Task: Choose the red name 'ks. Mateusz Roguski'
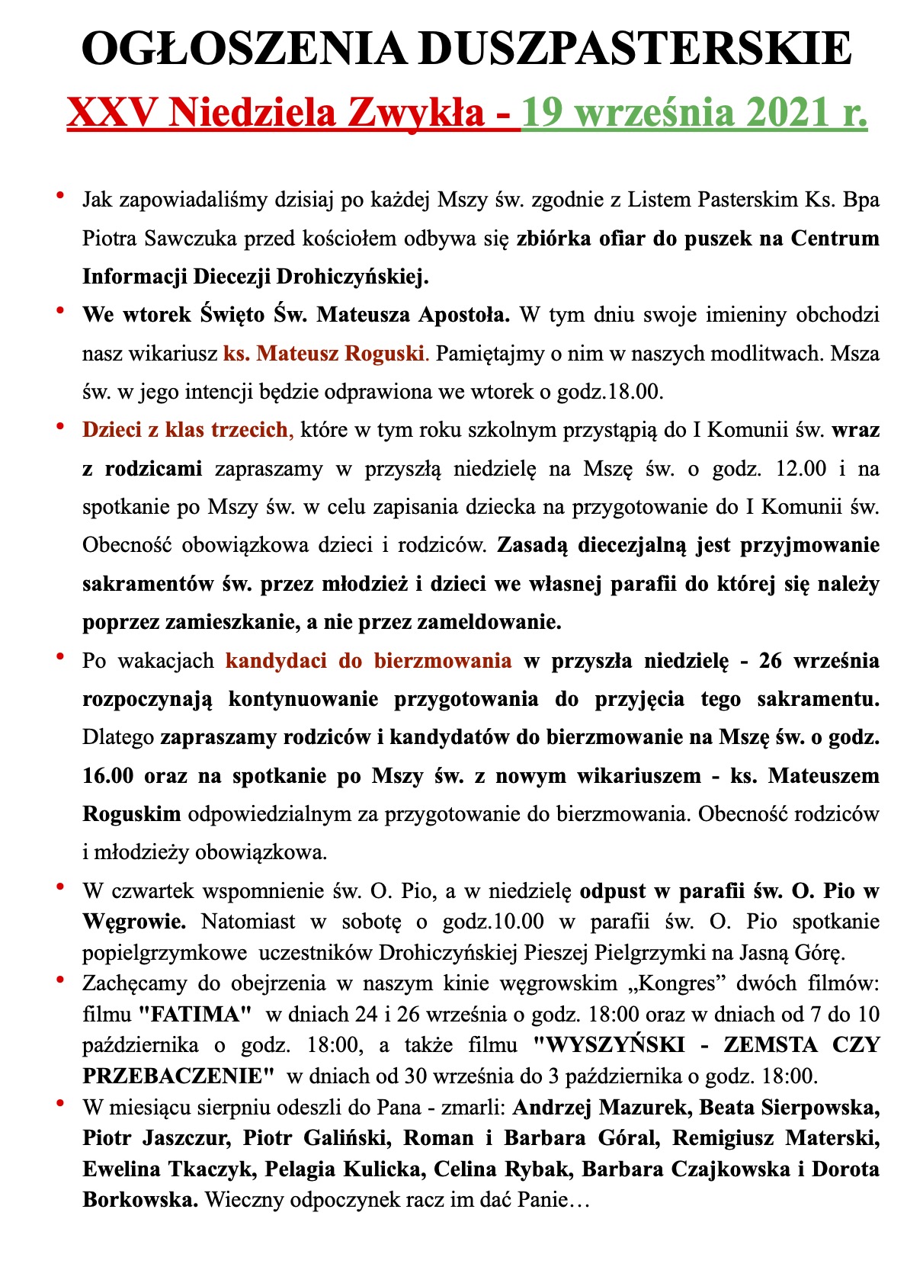click(323, 354)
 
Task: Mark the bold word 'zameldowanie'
click(489, 622)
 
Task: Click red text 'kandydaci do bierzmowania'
click(369, 660)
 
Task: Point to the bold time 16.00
click(108, 776)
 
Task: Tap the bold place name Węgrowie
click(133, 922)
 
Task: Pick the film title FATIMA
click(194, 1015)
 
